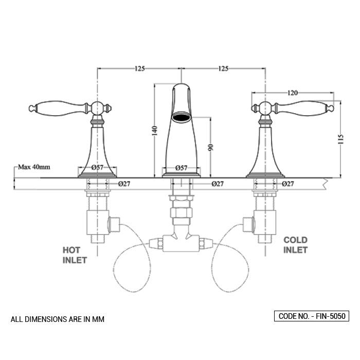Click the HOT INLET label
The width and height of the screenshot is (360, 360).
75,255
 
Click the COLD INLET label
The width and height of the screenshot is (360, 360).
295,245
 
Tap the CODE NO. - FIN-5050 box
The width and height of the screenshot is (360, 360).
312,316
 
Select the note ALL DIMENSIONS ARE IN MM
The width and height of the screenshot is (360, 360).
58,319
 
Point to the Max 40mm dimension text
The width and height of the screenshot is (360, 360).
34,167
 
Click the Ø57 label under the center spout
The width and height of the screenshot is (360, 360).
181,168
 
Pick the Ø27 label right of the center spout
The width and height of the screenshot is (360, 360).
218,184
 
